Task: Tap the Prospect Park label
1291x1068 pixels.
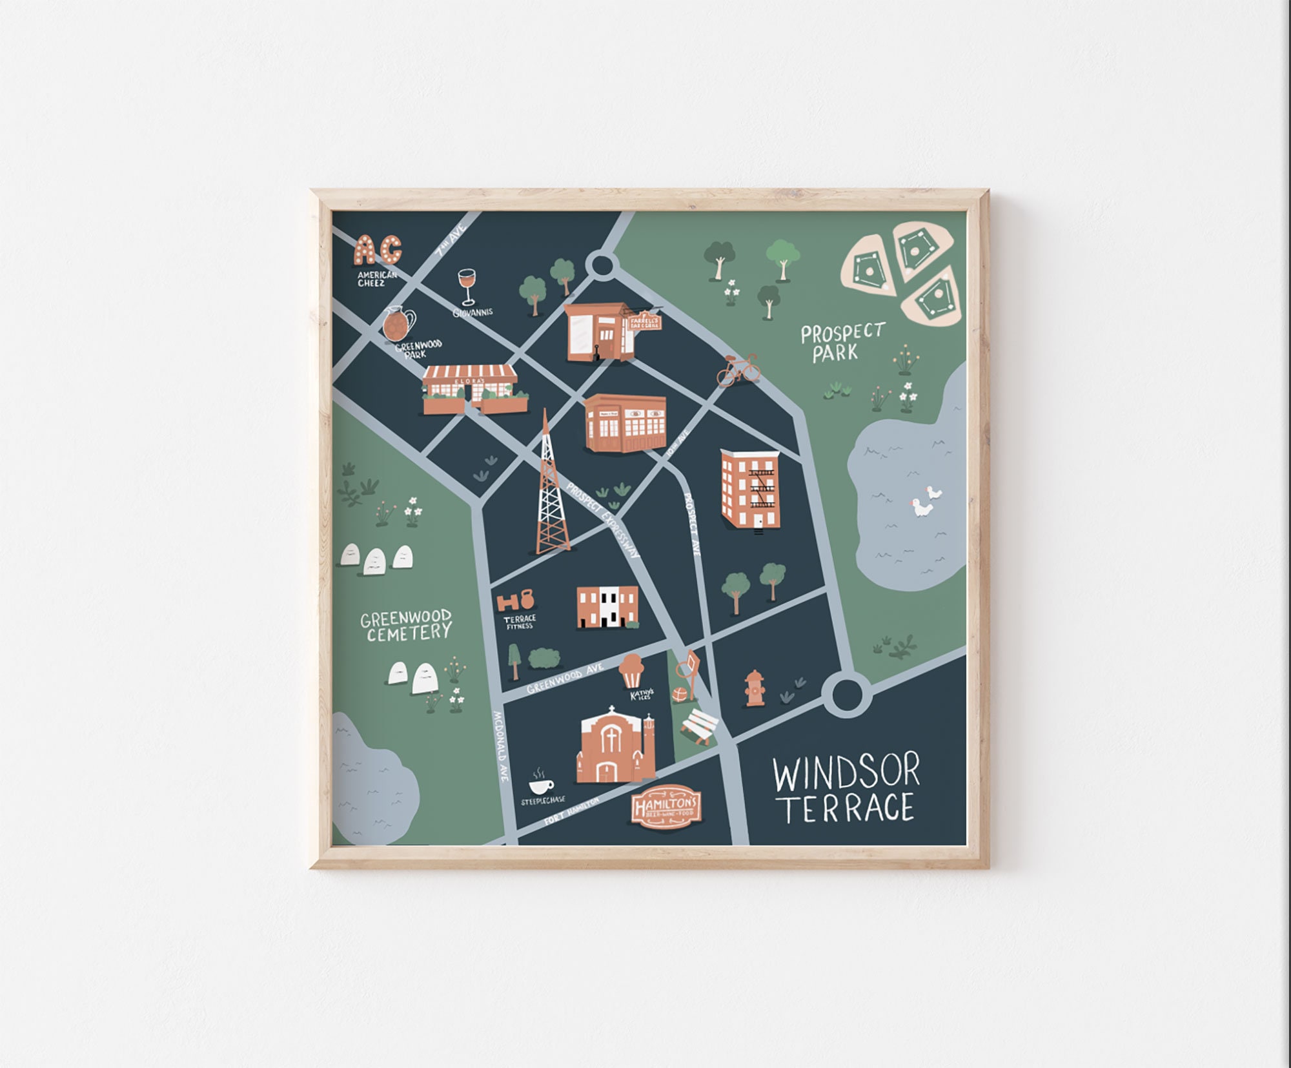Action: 842,342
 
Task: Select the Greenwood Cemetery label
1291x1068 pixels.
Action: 406,625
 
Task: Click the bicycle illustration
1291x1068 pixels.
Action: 738,370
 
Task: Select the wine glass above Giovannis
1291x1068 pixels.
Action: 466,286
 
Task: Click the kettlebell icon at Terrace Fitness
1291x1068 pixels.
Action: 527,599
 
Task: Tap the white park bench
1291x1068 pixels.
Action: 700,726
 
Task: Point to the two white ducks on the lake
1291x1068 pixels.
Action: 925,501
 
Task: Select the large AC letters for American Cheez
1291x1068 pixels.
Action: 378,250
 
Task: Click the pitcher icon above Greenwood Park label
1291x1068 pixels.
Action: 397,324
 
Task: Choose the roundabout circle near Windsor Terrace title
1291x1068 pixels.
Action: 846,694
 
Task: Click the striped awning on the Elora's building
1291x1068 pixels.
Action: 471,373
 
